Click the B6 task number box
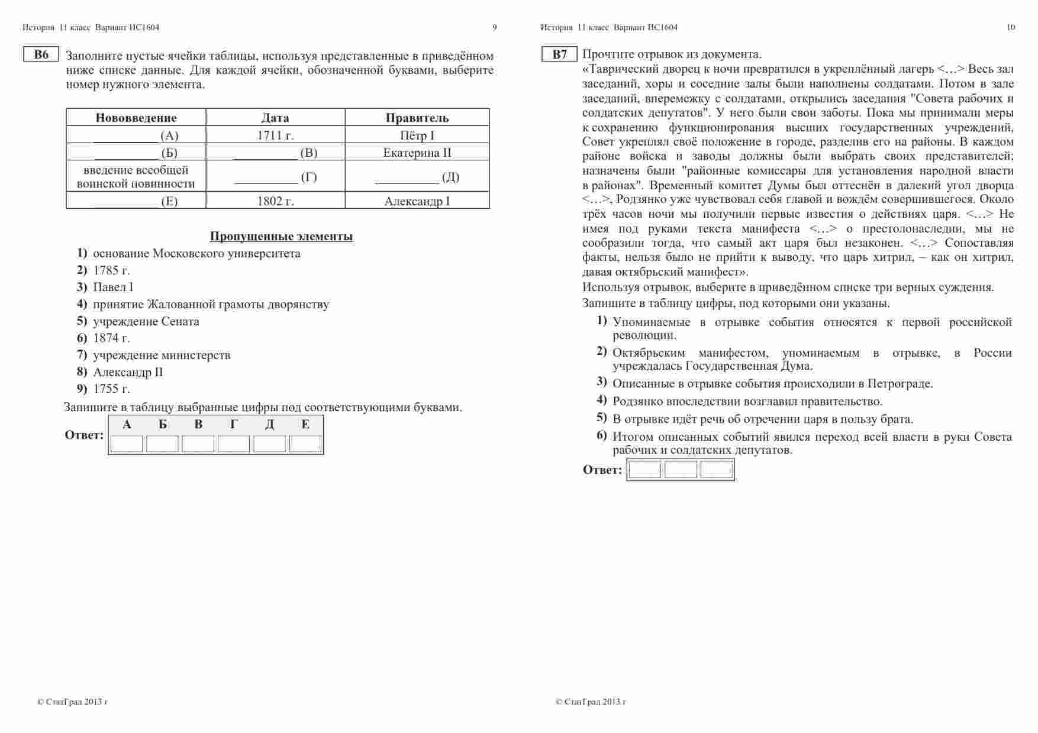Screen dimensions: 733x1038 41,54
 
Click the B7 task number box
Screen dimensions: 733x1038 559,54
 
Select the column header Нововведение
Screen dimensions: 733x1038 136,117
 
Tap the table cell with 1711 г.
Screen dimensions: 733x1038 275,135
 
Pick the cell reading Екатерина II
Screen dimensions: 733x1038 417,153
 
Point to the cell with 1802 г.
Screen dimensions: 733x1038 275,201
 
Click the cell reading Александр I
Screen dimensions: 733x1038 417,201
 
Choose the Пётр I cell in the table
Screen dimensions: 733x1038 417,135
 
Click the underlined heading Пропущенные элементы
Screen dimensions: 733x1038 281,237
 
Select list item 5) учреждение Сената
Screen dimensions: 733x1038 146,321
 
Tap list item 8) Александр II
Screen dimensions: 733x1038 127,372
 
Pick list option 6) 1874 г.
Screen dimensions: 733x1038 111,338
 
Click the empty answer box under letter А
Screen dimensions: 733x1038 127,444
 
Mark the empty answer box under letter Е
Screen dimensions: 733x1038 305,444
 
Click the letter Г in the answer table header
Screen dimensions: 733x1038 234,424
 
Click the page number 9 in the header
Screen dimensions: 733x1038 495,27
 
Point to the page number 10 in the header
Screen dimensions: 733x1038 1010,27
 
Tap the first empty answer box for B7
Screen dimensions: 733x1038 644,470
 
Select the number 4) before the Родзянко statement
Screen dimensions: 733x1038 601,400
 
